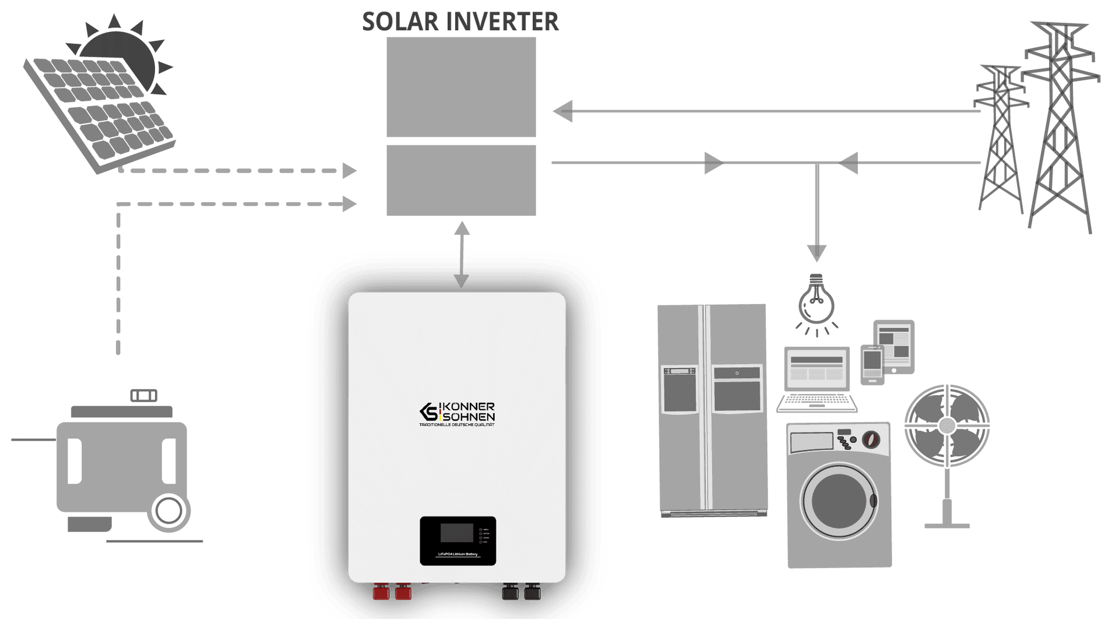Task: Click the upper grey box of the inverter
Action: coord(461,87)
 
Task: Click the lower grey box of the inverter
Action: coord(461,181)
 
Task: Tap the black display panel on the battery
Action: coord(458,540)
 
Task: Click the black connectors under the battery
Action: coord(522,593)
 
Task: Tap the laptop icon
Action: coord(816,379)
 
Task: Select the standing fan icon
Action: coord(947,431)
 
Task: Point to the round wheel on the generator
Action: coord(170,511)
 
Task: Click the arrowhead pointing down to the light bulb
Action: coord(817,252)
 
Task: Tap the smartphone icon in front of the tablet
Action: coord(872,365)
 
